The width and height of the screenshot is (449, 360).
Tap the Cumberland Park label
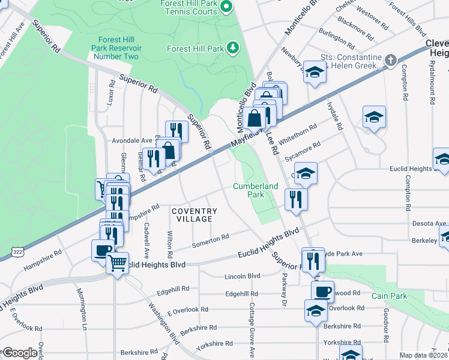coord(256,190)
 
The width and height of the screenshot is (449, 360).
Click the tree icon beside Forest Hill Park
coord(232,48)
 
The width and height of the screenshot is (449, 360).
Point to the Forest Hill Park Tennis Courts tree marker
coord(226,7)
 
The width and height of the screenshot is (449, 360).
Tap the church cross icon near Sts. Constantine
coord(390,60)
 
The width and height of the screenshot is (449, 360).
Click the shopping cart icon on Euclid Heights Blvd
coord(118,262)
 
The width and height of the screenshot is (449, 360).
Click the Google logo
coord(20,353)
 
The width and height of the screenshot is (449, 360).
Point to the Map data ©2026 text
coord(424,355)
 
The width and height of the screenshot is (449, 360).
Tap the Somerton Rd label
coord(210,240)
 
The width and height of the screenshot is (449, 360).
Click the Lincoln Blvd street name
coord(242,276)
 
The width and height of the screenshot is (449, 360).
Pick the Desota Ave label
coord(429,223)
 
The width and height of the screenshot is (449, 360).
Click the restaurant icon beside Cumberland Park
coord(295,199)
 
